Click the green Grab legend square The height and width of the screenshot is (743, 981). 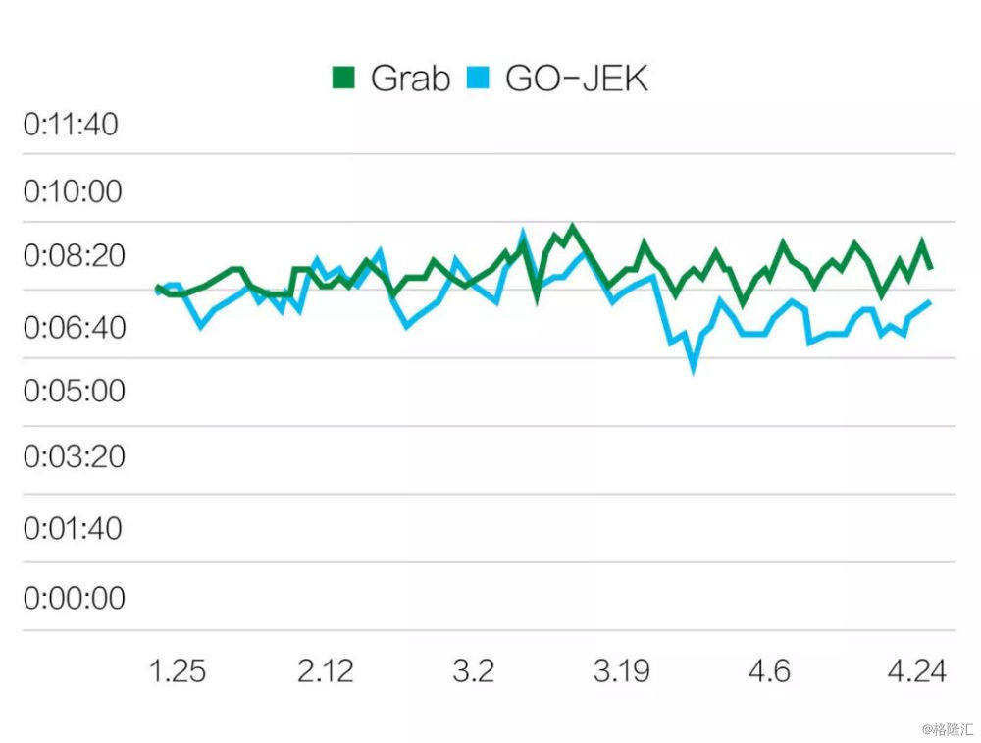344,78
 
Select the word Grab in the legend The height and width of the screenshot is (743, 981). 410,78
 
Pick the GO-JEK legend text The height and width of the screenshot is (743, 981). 577,78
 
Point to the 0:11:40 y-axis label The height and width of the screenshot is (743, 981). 71,125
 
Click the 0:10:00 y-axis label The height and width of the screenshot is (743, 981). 73,190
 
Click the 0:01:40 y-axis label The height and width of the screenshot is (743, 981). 73,528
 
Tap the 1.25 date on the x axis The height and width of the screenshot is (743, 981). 177,671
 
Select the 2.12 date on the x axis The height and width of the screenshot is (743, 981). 325,671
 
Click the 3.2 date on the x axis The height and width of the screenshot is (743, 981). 473,671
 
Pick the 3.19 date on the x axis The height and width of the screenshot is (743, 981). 621,671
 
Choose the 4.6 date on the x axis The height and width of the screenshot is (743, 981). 768,671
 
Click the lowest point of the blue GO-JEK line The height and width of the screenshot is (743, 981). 694,368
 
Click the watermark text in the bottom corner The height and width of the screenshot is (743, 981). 947,729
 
